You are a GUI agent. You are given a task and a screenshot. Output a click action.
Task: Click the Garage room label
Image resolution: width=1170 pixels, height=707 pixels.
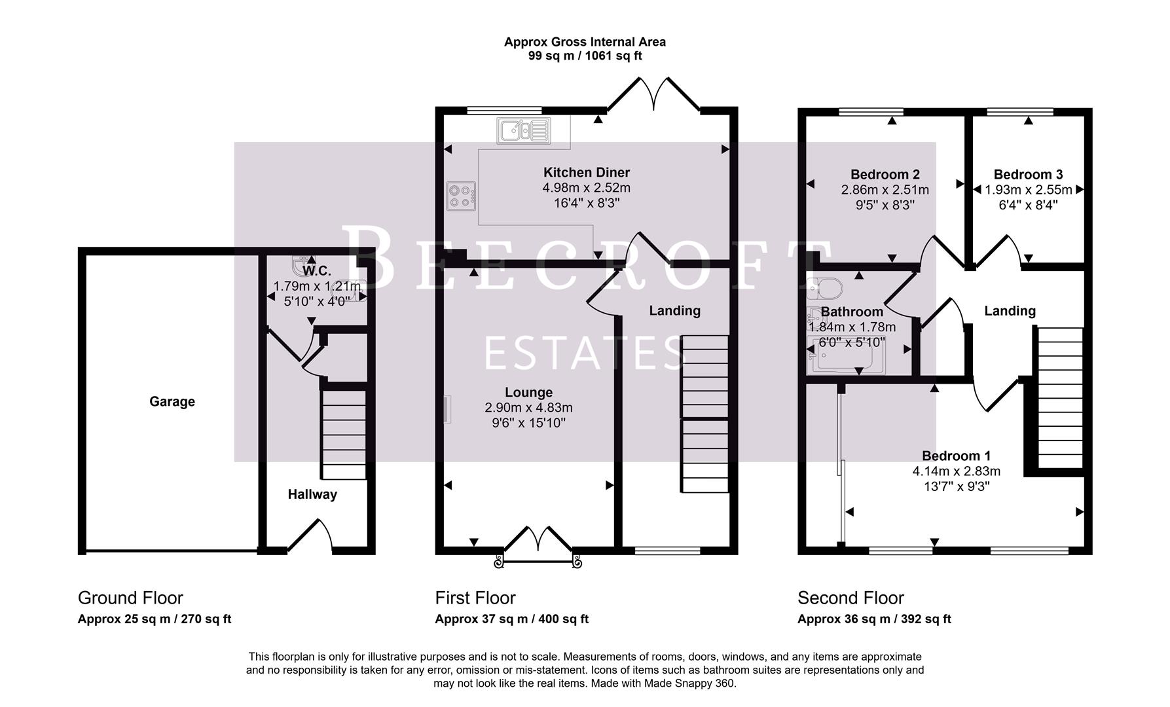click(x=172, y=402)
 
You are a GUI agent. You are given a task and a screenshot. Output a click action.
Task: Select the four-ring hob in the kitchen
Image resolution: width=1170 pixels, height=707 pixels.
click(x=461, y=196)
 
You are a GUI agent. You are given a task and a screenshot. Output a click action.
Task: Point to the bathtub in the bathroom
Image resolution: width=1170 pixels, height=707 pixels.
click(x=847, y=357)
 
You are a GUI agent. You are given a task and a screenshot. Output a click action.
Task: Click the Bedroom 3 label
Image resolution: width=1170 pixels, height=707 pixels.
click(x=1028, y=175)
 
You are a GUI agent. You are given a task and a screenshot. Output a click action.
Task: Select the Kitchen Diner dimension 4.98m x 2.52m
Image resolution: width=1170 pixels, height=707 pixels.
click(x=586, y=188)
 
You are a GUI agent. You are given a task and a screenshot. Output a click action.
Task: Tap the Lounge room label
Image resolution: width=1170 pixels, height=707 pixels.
click(x=528, y=393)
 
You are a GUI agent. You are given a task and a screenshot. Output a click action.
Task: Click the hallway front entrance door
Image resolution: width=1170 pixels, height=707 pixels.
click(x=312, y=535)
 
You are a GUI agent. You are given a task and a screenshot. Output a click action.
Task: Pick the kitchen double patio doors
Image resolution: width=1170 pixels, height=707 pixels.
click(x=653, y=96)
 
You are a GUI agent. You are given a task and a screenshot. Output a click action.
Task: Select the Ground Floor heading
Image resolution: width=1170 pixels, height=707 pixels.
click(x=130, y=598)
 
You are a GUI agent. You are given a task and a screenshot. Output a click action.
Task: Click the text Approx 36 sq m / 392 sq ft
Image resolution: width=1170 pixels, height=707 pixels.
click(x=874, y=619)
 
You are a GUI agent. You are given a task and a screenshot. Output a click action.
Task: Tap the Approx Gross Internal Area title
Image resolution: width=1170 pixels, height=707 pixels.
click(x=585, y=42)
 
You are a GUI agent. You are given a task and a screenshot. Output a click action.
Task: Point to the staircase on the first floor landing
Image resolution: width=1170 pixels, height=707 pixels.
click(x=705, y=414)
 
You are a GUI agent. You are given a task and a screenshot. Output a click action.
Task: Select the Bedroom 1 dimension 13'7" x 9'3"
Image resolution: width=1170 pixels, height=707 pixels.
click(x=956, y=486)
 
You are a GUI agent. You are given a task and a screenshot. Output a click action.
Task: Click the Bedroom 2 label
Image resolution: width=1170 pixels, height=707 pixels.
click(x=885, y=175)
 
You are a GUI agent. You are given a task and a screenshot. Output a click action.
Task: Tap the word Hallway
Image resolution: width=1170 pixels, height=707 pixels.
click(x=312, y=495)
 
